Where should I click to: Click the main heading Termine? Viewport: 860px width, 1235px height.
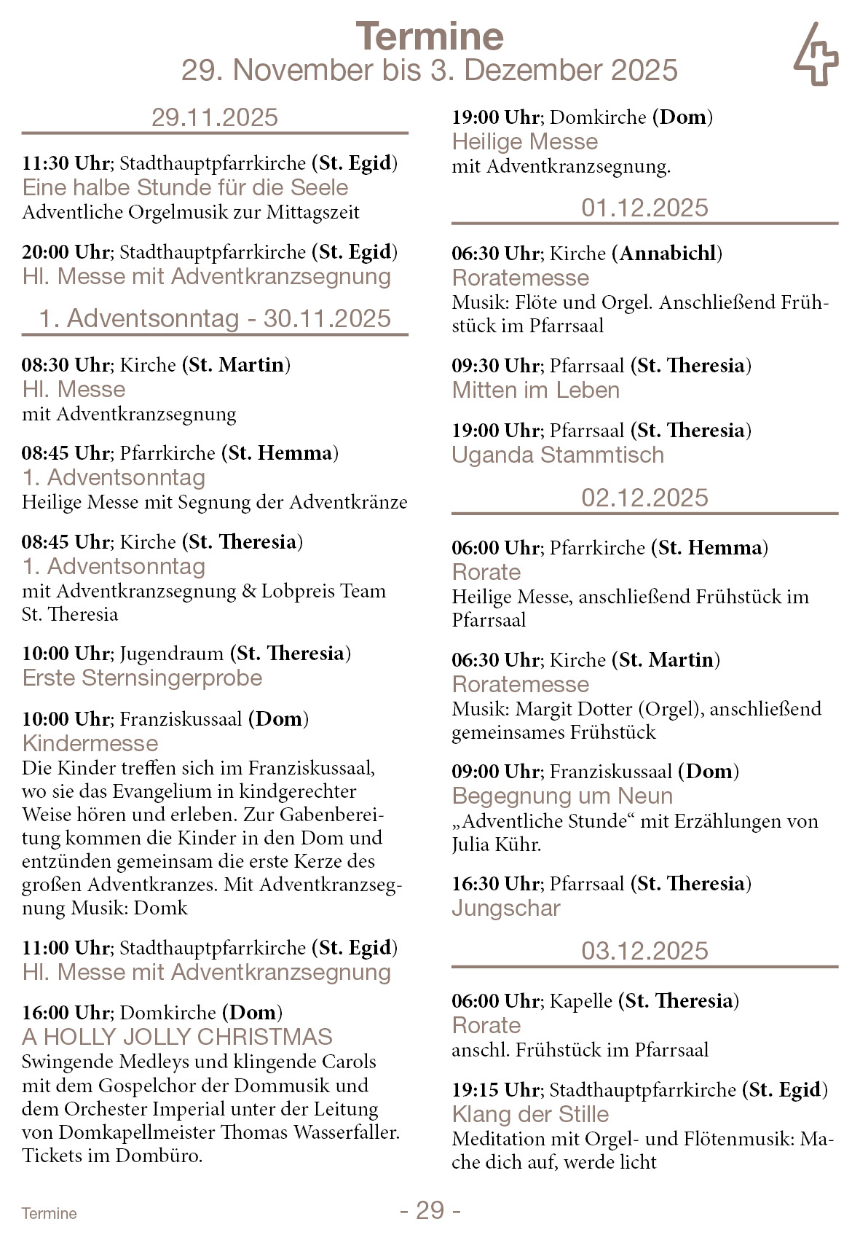pyautogui.click(x=430, y=36)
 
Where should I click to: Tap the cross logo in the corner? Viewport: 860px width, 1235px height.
pyautogui.click(x=816, y=55)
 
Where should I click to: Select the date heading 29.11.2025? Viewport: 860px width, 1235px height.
pyautogui.click(x=215, y=117)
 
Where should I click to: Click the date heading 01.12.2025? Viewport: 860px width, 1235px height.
pyautogui.click(x=644, y=208)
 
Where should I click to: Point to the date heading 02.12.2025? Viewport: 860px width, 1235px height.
pyautogui.click(x=644, y=498)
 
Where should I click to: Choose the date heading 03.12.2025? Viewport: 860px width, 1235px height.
pyautogui.click(x=644, y=951)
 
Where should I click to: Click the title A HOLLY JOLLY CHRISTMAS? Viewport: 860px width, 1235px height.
pyautogui.click(x=177, y=1037)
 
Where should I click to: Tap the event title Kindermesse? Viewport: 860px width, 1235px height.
pyautogui.click(x=90, y=743)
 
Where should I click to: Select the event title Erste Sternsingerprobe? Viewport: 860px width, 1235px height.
pyautogui.click(x=142, y=678)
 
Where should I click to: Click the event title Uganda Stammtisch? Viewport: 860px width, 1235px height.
pyautogui.click(x=558, y=455)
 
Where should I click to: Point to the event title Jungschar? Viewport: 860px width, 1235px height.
pyautogui.click(x=506, y=908)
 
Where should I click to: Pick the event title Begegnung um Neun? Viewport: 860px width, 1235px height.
pyautogui.click(x=562, y=796)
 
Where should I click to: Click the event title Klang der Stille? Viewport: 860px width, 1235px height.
pyautogui.click(x=530, y=1114)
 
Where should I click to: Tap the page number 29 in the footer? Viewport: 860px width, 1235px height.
pyautogui.click(x=430, y=1210)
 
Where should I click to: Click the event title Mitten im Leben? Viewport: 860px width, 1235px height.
pyautogui.click(x=535, y=390)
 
